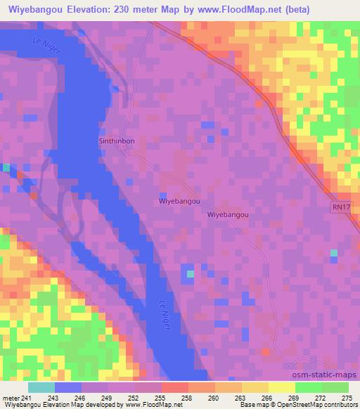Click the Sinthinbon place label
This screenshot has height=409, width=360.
pyautogui.click(x=116, y=141)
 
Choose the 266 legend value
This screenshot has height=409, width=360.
pyautogui.click(x=247, y=397)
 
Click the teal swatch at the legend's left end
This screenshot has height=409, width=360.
pyautogui.click(x=41, y=387)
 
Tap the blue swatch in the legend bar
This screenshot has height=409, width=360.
pyautogui.click(x=68, y=387)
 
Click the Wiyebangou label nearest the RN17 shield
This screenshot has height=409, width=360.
pyautogui.click(x=229, y=216)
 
